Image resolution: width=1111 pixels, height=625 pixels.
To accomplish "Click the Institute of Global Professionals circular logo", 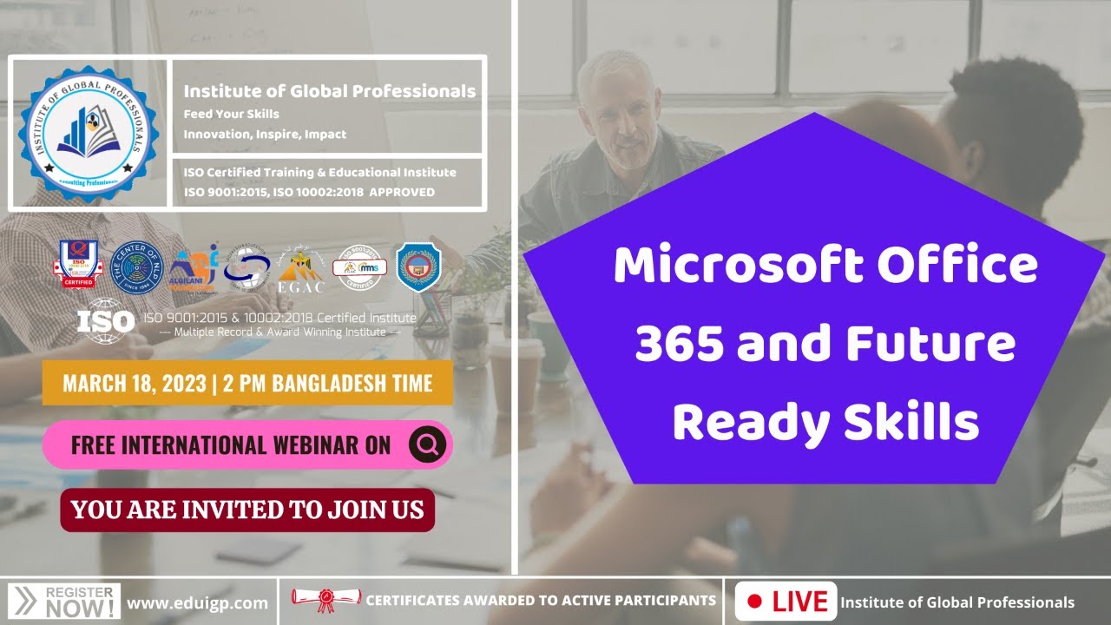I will [x=88, y=132].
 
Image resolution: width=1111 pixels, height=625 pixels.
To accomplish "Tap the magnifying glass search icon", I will [x=427, y=444].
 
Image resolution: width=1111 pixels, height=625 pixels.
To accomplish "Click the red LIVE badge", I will [x=786, y=602].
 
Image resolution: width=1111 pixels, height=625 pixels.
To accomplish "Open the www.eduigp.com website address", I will [x=197, y=602].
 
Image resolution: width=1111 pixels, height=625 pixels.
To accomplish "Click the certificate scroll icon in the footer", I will [x=325, y=600].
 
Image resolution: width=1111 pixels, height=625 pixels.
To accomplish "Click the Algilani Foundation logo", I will [x=192, y=266].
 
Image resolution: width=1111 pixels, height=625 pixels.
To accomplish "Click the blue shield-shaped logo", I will [x=418, y=266].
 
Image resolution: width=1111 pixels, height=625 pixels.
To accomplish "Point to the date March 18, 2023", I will [x=131, y=384].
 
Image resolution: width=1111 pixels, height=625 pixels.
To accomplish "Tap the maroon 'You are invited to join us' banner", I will [x=247, y=510].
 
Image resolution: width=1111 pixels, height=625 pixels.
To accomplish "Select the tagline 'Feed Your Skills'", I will [x=231, y=114].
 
